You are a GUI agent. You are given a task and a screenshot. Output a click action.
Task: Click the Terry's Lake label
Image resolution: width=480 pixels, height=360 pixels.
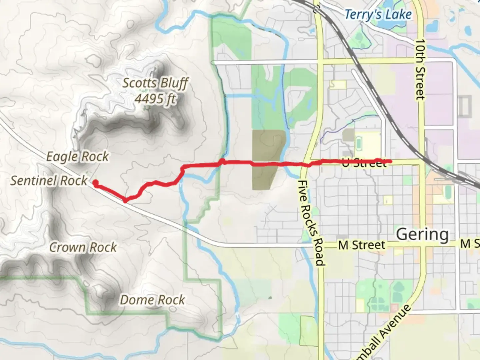(378, 15)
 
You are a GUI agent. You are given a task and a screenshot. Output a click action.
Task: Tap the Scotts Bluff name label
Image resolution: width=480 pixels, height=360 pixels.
(155, 83)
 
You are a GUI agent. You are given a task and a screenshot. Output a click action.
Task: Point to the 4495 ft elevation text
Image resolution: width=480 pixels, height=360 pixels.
(155, 99)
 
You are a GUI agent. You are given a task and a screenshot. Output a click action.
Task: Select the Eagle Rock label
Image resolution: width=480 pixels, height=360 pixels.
(77, 156)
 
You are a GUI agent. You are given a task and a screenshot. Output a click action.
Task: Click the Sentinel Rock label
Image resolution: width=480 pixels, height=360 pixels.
(49, 181)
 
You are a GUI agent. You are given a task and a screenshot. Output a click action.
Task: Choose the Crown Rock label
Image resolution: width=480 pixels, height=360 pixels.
(83, 247)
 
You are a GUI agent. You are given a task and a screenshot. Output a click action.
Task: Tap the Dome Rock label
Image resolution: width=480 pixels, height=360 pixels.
(152, 300)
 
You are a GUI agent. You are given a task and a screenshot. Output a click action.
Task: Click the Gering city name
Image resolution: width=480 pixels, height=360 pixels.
(422, 234)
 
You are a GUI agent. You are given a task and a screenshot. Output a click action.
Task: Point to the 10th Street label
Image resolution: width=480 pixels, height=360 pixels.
(420, 69)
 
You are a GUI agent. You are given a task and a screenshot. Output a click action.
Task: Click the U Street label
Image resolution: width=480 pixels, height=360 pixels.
(364, 164)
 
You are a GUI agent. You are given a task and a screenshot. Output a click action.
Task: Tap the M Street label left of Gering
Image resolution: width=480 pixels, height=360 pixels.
(362, 245)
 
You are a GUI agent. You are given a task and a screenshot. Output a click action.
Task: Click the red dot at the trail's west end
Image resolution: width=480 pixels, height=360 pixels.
(95, 183)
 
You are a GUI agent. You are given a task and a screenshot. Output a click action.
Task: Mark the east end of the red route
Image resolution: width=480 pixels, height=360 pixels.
(390, 162)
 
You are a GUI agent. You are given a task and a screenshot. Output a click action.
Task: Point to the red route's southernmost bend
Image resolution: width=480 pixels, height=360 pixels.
(125, 201)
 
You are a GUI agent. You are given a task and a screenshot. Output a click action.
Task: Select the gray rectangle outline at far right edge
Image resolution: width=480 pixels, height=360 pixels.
(465, 106)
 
